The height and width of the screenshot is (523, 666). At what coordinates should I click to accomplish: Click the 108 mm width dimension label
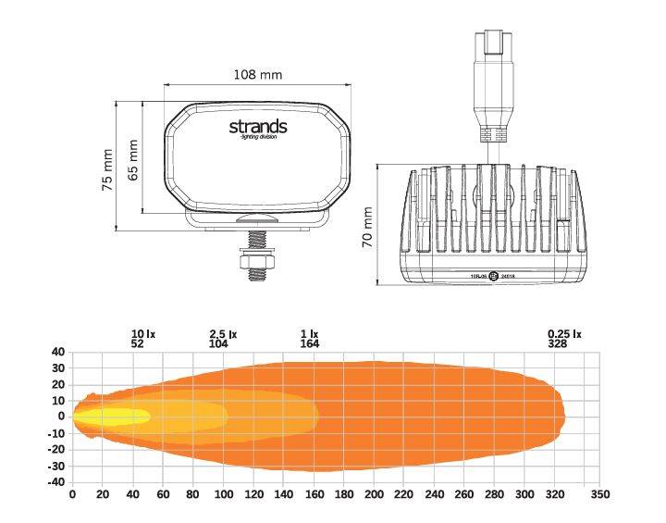[258, 74]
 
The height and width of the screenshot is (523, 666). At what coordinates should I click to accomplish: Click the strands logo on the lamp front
[258, 127]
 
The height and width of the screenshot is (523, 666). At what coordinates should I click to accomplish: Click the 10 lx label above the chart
[142, 333]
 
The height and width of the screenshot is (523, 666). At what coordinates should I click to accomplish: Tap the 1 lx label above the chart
[310, 333]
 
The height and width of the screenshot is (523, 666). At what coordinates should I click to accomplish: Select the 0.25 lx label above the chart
[563, 333]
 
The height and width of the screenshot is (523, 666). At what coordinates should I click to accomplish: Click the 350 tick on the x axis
[600, 495]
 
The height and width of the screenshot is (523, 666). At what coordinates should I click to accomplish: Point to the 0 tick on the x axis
[73, 495]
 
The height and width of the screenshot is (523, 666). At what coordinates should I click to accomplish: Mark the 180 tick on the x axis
[344, 495]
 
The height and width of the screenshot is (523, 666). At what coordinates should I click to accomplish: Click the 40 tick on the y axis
[57, 352]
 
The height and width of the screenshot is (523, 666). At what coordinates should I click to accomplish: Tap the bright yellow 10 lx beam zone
[111, 417]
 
